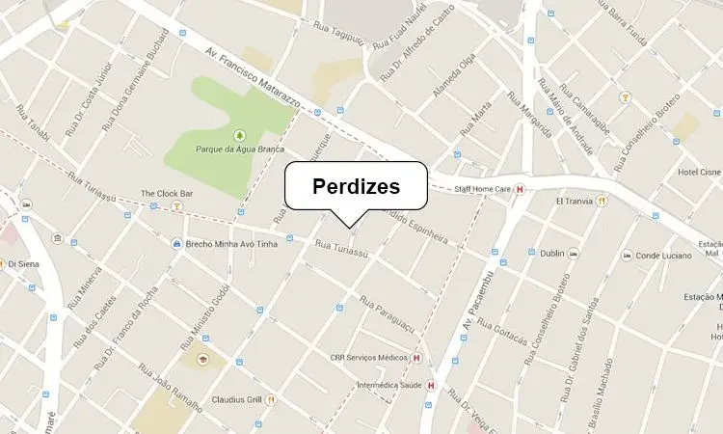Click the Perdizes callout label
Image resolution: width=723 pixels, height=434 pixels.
tap(356, 186)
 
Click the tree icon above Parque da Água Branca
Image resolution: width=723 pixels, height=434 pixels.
tap(239, 134)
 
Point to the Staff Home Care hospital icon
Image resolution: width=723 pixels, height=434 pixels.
tap(521, 189)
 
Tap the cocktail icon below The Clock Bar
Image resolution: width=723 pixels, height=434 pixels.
tap(175, 206)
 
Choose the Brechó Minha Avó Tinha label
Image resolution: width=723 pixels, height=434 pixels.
tap(232, 243)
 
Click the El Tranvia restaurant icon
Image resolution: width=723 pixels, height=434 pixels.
tap(602, 201)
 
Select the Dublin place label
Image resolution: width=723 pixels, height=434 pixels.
tap(552, 254)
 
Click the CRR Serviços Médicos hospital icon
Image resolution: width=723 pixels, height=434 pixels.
tap(416, 358)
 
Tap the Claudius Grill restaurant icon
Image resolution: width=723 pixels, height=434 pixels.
tap(273, 399)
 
